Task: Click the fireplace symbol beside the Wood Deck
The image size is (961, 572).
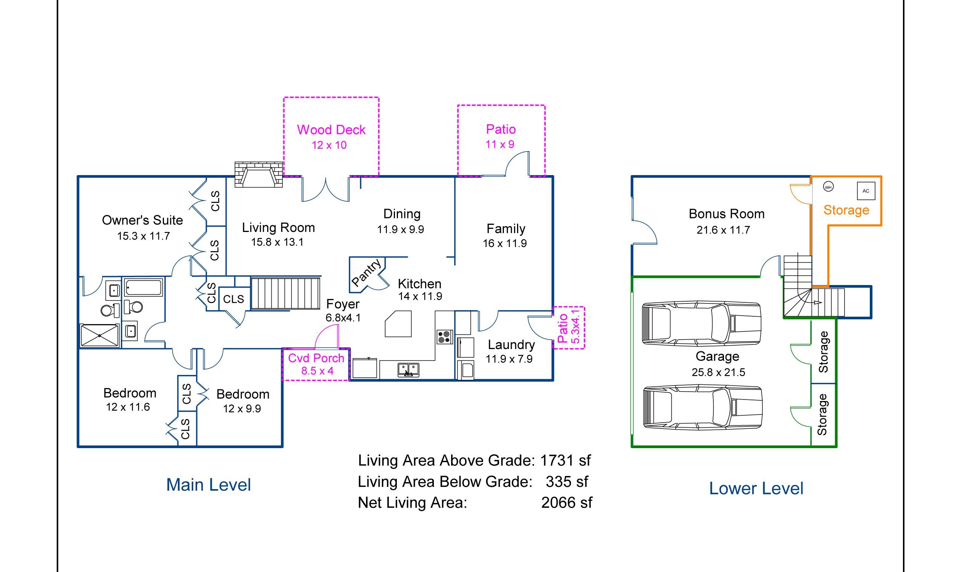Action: [x=259, y=175]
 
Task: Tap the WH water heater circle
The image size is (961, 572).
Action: [x=828, y=187]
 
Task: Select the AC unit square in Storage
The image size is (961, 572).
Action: [x=866, y=191]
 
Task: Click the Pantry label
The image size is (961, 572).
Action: [x=366, y=273]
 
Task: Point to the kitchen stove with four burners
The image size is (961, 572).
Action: [x=445, y=337]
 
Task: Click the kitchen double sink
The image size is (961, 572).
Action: [x=409, y=370]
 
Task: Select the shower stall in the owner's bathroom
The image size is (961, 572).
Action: [x=99, y=336]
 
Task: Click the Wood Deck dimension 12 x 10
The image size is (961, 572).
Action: [x=329, y=145]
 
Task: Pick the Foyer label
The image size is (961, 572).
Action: [x=343, y=304]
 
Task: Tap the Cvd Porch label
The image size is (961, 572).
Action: [x=316, y=358]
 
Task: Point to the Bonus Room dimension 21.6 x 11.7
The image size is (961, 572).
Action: [x=723, y=230]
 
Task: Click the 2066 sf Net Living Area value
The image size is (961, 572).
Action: [x=566, y=503]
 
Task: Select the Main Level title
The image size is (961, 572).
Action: [x=209, y=485]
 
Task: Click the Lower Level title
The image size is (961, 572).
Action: [x=756, y=489]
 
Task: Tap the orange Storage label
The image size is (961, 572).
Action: [x=846, y=210]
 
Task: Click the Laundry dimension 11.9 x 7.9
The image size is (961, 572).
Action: [x=509, y=359]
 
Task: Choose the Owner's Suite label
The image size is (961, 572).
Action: [x=142, y=220]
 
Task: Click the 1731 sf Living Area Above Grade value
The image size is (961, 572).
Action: [x=565, y=460]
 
